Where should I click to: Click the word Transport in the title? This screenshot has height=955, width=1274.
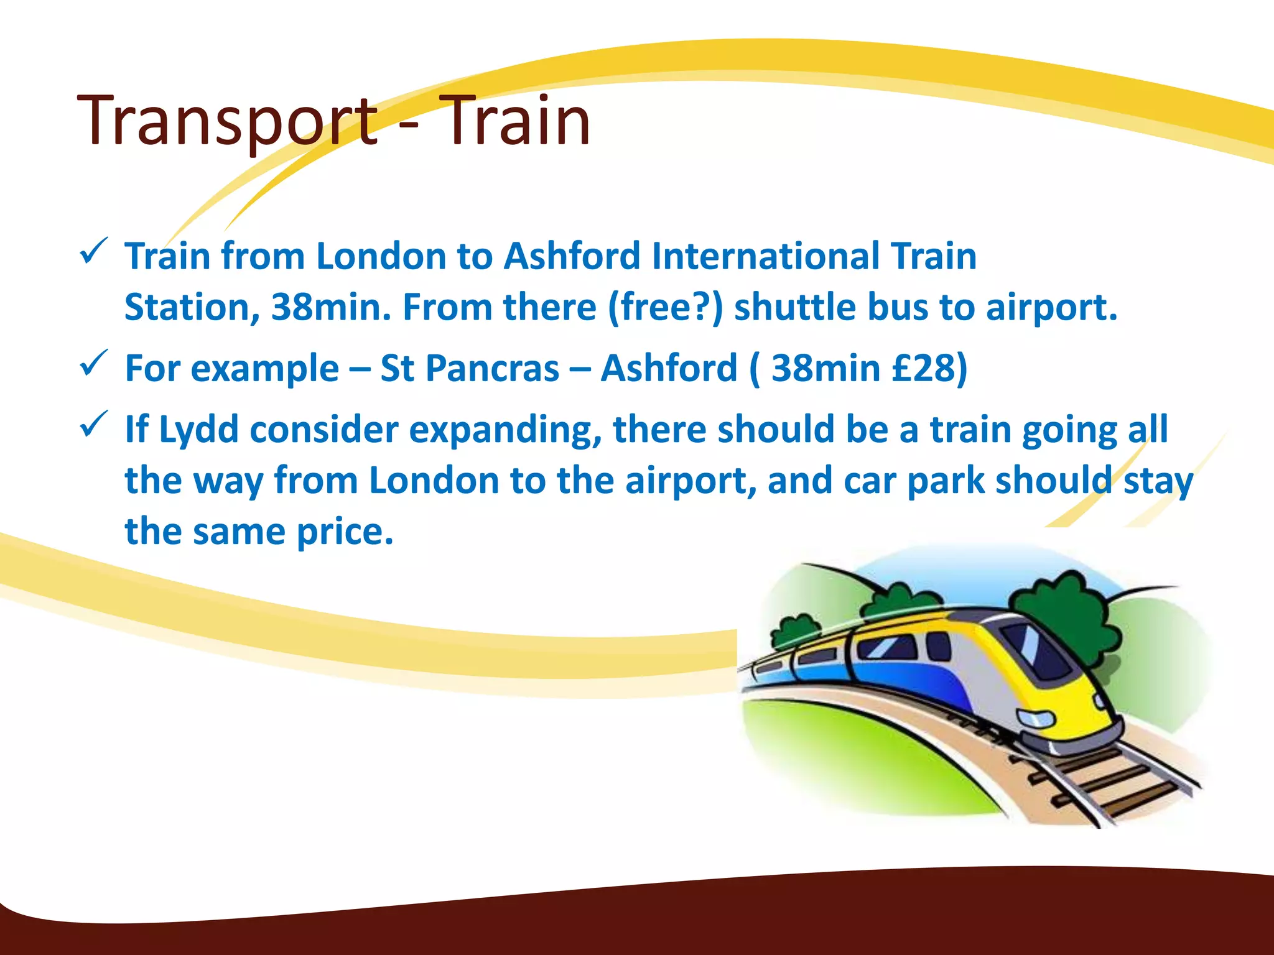click(228, 121)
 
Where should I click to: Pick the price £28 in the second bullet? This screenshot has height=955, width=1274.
click(923, 368)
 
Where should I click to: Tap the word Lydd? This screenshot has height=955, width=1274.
click(198, 430)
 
